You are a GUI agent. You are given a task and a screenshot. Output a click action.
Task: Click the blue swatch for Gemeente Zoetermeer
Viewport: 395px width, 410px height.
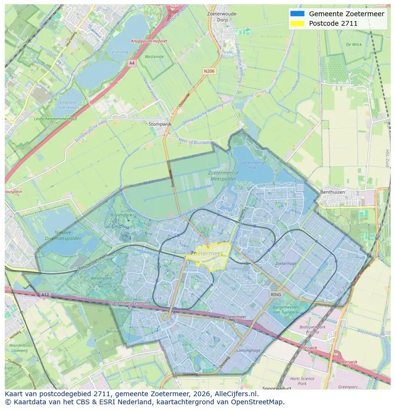(297, 14)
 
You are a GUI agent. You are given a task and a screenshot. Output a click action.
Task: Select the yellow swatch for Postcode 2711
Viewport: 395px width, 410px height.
(297, 23)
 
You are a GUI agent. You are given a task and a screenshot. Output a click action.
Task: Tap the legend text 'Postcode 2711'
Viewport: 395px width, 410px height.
(333, 23)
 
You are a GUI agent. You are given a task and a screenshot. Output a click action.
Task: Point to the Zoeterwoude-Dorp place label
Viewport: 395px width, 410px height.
(222, 17)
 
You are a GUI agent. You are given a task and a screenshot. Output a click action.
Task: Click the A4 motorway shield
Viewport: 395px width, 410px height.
(132, 62)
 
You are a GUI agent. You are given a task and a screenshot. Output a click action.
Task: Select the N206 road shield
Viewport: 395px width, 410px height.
(209, 71)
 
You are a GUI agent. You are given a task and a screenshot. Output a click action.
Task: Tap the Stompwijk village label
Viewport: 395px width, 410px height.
(159, 124)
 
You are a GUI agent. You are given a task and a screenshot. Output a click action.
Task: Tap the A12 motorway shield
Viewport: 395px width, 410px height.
(45, 294)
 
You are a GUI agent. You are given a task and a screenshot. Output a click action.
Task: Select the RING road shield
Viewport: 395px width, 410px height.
(276, 295)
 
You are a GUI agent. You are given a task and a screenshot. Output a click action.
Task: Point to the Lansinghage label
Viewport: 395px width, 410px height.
(249, 350)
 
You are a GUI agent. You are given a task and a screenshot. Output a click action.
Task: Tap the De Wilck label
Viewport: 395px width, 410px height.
(353, 44)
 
